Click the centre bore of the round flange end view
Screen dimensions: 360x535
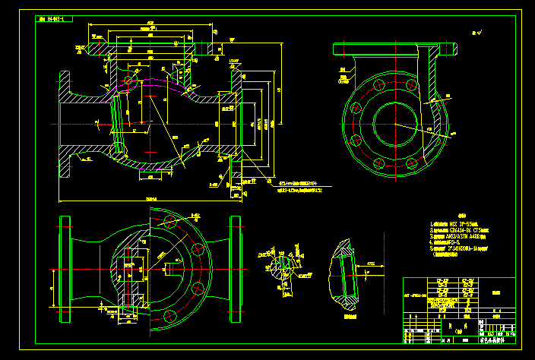tap(392, 123)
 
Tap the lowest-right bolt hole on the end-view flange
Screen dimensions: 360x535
tap(412, 163)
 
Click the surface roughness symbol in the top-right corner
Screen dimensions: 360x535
tap(476, 33)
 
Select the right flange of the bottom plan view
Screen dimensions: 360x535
tap(236, 261)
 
